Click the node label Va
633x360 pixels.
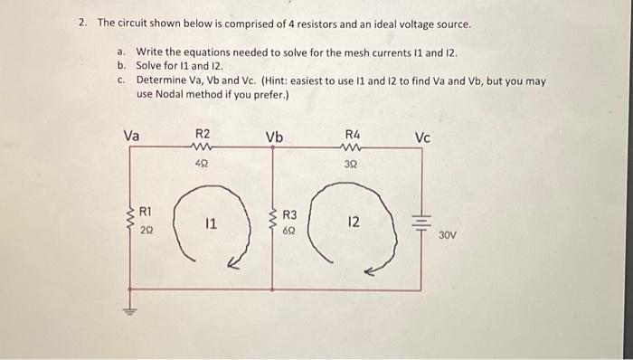pos(131,137)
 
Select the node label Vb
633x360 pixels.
pos(274,137)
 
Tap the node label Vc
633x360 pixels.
pos(423,137)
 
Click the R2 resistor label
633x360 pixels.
pos(202,133)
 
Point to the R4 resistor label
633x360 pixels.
pos(353,133)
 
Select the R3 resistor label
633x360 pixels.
pos(289,216)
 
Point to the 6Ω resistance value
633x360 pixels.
pos(289,231)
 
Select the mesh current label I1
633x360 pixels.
pos(208,223)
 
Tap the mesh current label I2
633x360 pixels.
pos(354,222)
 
